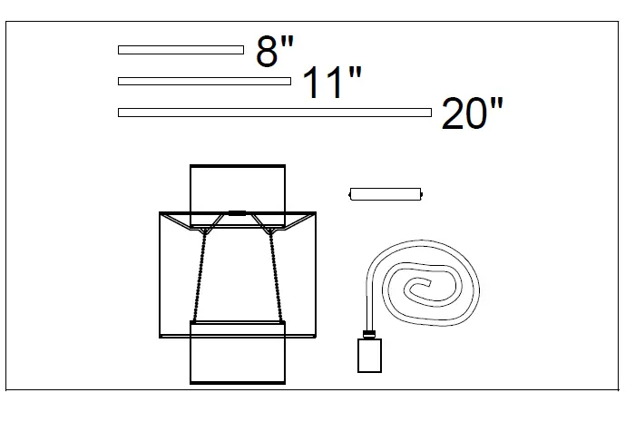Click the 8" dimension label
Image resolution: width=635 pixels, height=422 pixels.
275,52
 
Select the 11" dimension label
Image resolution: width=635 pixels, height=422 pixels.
331,83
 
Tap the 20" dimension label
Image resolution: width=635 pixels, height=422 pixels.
472,115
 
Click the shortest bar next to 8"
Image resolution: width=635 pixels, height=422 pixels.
181,50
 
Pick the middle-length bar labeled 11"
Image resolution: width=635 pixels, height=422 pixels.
204,81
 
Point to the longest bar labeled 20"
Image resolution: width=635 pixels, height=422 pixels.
274,113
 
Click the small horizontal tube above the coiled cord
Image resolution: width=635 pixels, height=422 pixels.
386,193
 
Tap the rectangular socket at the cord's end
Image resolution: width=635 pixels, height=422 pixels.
368,355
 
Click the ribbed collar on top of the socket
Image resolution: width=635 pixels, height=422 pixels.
368,333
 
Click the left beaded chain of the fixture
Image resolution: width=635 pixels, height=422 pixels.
200,272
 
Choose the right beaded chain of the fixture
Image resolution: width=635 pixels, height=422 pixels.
275,272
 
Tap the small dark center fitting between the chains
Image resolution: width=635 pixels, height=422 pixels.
238,213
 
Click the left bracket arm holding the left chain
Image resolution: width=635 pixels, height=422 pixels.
210,223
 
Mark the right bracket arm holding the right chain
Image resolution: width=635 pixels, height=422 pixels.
264,223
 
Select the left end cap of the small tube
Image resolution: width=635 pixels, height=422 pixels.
351,193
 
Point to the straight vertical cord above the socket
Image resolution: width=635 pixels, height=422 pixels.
367,299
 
